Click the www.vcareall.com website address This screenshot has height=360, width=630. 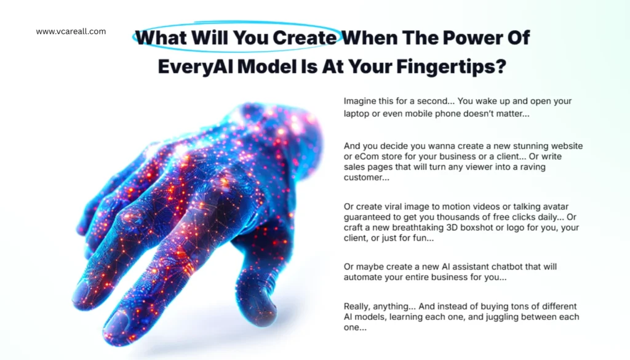coord(71,31)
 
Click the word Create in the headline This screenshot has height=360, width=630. coord(305,38)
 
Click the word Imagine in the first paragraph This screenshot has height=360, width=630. coord(359,102)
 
